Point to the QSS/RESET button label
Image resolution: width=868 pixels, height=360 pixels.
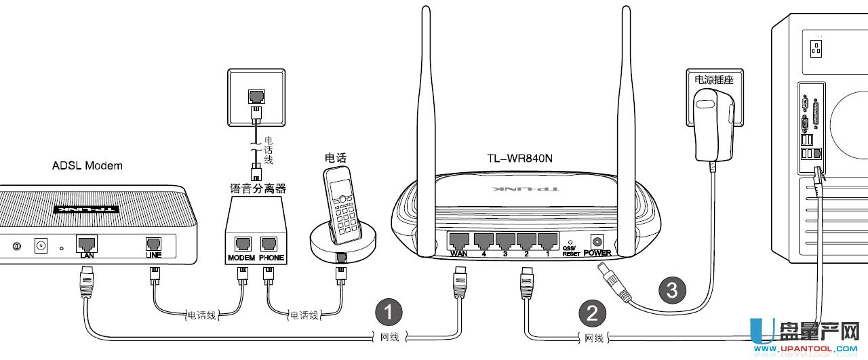click(571, 252)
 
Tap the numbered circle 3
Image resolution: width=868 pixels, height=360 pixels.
click(672, 290)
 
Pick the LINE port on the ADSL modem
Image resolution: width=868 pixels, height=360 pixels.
click(153, 243)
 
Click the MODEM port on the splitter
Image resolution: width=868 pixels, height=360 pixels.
click(241, 244)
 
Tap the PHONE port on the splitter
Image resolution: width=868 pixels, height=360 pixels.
click(271, 244)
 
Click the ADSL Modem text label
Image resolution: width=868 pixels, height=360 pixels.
click(87, 165)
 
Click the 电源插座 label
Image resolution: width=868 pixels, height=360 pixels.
click(714, 79)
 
